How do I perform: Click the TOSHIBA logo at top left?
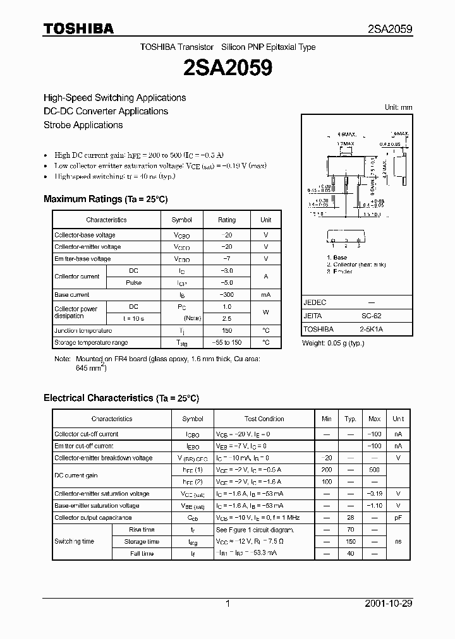point(78,28)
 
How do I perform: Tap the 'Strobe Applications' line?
point(83,125)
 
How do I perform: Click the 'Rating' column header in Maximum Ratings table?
point(227,220)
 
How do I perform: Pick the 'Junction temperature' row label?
point(83,331)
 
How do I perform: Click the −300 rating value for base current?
point(227,295)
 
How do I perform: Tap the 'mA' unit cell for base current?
point(265,295)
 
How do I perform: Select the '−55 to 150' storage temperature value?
point(227,343)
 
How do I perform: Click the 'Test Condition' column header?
point(264,419)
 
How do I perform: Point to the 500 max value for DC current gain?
point(374,470)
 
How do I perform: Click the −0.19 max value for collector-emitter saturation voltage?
point(374,494)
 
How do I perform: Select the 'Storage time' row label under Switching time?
point(142,542)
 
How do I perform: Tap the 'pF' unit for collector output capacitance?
point(398,518)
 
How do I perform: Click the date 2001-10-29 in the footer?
point(389,604)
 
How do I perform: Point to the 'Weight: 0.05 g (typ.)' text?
point(333,343)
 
